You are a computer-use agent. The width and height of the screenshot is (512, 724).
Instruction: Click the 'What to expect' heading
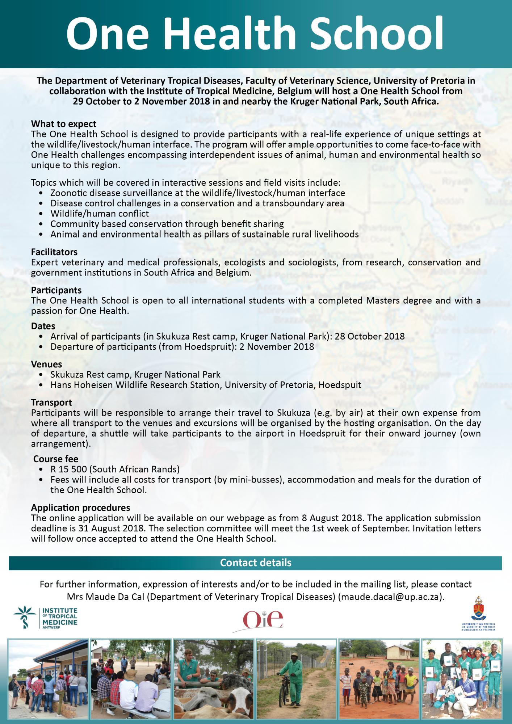coord(64,124)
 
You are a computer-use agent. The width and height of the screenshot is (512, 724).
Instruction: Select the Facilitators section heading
coord(54,252)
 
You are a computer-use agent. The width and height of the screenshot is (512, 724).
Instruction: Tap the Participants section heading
coord(56,290)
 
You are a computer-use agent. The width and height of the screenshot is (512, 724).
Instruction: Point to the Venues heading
coord(46,364)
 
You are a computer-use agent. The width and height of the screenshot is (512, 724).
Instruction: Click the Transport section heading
coord(51,402)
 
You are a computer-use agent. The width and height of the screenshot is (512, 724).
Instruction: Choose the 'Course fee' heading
coord(56,459)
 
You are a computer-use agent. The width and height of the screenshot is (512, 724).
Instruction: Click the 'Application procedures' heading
coord(80,508)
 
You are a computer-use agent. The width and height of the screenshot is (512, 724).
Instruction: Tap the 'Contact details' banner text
coord(256,563)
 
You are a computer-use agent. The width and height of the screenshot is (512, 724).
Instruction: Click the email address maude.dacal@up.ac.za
coord(389,597)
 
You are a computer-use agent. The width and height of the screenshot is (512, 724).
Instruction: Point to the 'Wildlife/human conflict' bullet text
coord(100,214)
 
